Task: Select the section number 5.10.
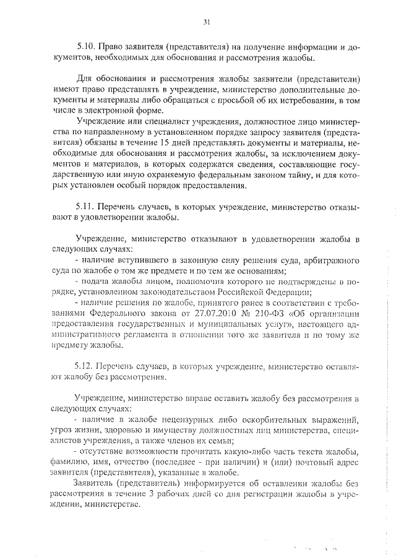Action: (86, 47)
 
